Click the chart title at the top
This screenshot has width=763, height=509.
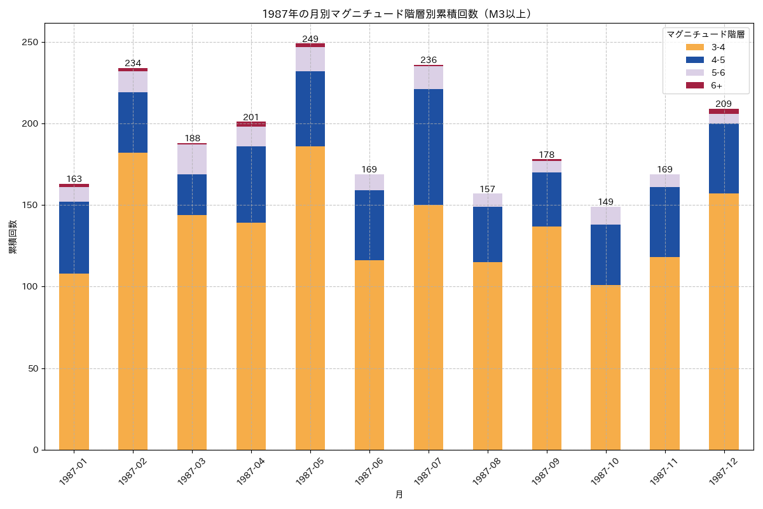(x=397, y=14)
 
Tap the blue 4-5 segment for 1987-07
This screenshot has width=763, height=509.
(x=429, y=147)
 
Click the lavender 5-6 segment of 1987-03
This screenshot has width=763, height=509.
(x=192, y=159)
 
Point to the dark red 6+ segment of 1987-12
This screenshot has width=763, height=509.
(x=724, y=111)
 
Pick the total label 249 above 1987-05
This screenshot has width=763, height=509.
(x=310, y=39)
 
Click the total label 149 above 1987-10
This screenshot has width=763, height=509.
(x=606, y=202)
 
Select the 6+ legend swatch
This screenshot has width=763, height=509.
(x=695, y=85)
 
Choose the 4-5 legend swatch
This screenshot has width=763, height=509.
(x=695, y=60)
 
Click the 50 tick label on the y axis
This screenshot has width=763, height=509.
(x=32, y=368)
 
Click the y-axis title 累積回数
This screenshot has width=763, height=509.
(x=13, y=237)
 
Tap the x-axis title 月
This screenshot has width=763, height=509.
(x=399, y=495)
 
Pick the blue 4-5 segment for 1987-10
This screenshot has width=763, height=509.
(x=606, y=254)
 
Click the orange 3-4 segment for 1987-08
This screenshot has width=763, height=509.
(x=488, y=356)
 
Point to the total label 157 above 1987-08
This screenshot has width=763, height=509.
(x=488, y=189)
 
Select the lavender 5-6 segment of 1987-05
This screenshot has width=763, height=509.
(x=310, y=59)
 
